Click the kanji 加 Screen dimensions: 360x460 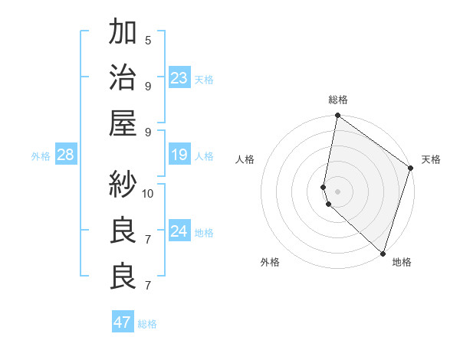click(123, 33)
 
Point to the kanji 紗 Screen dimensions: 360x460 click(123, 184)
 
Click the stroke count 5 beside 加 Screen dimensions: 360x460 click(148, 41)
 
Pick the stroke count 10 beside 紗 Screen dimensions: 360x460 click(148, 192)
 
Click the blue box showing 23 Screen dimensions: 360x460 click(179, 78)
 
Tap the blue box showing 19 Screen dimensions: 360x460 click(179, 155)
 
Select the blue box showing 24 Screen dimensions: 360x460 click(179, 231)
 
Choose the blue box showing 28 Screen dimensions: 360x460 click(65, 155)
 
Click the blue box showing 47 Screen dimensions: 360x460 click(122, 322)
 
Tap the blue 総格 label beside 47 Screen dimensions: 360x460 click(147, 324)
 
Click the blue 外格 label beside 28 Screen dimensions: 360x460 click(41, 156)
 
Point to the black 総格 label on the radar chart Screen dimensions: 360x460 click(338, 100)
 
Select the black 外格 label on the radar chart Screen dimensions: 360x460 click(270, 262)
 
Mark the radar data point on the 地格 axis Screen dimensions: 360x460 click(383, 254)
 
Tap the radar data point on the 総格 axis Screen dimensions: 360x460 click(337, 116)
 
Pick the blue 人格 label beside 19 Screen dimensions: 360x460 click(204, 156)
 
